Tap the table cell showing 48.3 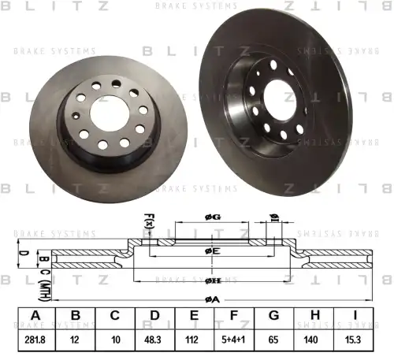coord(154,341)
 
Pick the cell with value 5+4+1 coord(235,341)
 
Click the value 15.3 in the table coord(354,341)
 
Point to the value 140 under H coord(314,341)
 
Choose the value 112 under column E coord(194,341)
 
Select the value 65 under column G coord(274,341)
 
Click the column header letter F coord(235,317)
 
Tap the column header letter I coord(354,317)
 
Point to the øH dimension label coord(211,280)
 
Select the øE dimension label coord(211,251)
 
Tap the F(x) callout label coord(147,224)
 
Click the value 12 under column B coord(76,341)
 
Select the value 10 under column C coord(115,341)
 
